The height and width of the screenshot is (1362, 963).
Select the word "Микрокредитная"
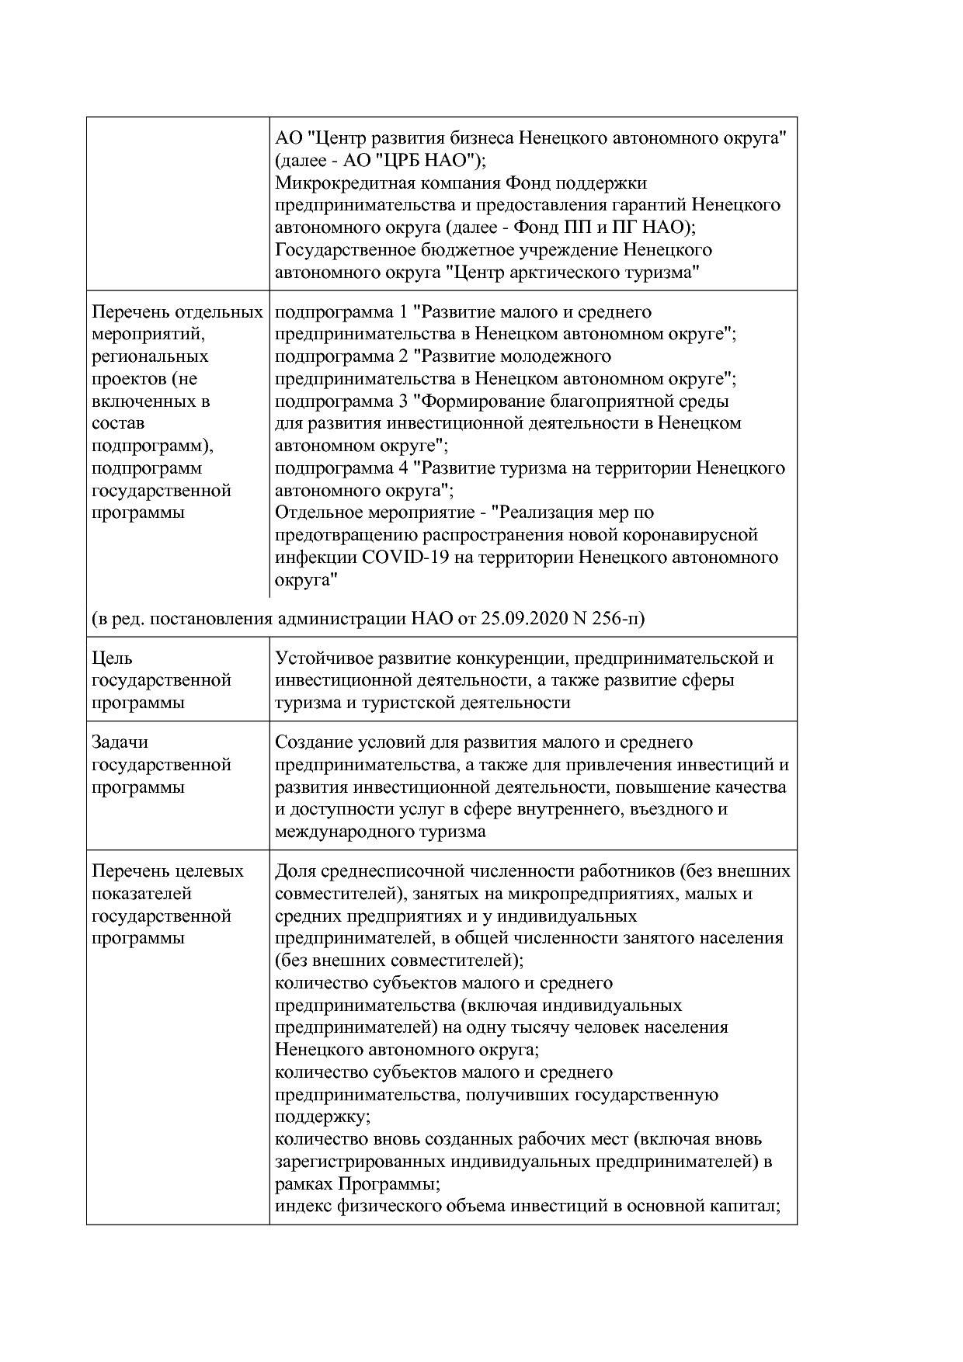click(x=339, y=183)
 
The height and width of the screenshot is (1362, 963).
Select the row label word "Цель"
click(x=112, y=658)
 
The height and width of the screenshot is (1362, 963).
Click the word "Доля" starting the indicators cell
click(x=295, y=871)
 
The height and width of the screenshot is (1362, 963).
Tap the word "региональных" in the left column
click(x=149, y=356)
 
